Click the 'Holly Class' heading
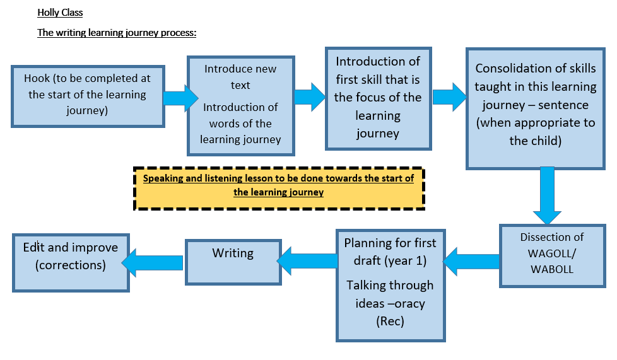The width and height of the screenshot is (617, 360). pos(60,13)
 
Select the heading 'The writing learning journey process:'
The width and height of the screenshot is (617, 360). pos(117,33)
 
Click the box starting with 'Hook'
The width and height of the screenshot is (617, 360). pos(88,96)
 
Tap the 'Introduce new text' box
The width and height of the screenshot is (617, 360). pos(241,105)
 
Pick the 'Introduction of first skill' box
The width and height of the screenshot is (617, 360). pos(378,98)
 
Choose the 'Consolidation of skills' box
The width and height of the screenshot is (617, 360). pos(535,108)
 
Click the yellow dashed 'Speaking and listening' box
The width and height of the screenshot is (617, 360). pos(279,189)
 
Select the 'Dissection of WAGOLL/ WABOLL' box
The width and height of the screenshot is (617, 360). pos(552,256)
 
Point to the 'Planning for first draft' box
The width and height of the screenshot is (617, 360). pos(391,285)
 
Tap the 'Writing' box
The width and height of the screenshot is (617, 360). pos(233,262)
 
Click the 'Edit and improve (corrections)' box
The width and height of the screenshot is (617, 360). pos(71,263)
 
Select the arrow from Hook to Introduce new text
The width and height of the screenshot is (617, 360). pos(181,98)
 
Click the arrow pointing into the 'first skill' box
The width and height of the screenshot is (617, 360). pos(310,97)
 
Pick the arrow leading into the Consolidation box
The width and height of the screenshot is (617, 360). pos(449,97)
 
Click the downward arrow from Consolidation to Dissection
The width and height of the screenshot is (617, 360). pos(547,195)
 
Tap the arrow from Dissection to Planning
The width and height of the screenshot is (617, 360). pos(471,262)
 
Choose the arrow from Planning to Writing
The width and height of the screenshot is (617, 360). pos(307,261)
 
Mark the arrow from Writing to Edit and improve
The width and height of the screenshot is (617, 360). pos(152,263)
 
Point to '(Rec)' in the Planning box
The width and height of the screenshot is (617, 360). pos(390,322)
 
